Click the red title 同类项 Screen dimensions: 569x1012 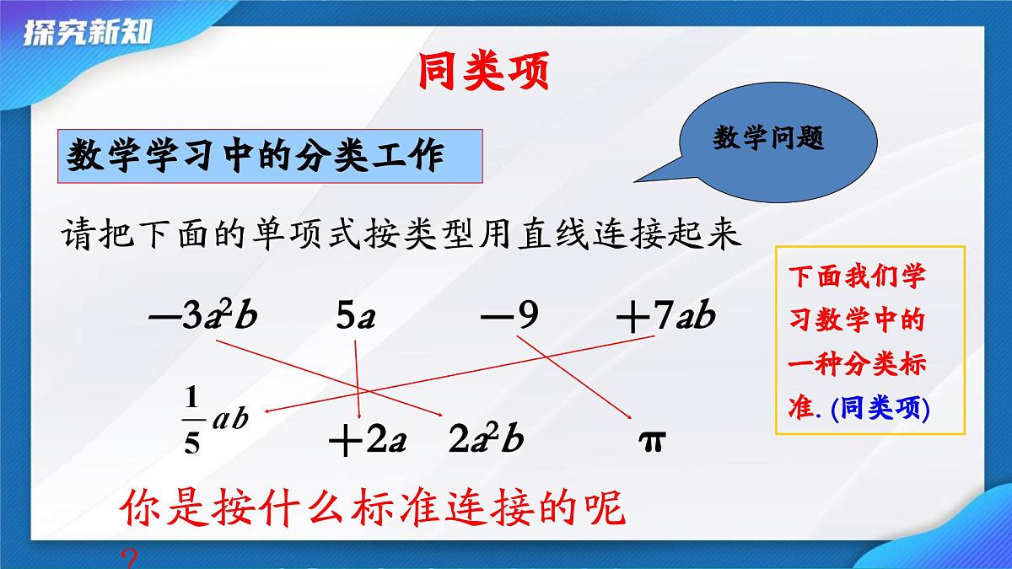pos(483,73)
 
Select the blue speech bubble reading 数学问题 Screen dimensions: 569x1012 pos(768,139)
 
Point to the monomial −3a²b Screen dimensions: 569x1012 pos(202,317)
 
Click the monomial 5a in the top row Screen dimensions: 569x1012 pos(355,317)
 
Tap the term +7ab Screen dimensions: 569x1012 pos(665,317)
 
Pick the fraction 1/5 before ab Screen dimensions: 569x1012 pos(191,420)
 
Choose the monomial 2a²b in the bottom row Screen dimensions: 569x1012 pos(487,440)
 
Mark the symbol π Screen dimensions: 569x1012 pos(651,440)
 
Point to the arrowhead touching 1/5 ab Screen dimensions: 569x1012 pos(268,412)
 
